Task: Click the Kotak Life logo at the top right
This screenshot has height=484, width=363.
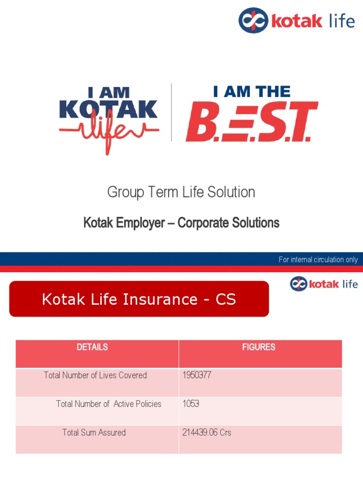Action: (296, 21)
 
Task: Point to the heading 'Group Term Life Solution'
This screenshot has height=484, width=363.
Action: (181, 192)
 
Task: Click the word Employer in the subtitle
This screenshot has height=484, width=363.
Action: (141, 223)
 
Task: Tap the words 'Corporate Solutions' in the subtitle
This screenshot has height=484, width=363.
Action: (228, 223)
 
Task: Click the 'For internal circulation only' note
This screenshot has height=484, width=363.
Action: (318, 259)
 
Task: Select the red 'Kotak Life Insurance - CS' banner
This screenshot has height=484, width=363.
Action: (139, 299)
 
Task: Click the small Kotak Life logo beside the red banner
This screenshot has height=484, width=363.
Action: (324, 284)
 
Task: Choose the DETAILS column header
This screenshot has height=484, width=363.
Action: (92, 347)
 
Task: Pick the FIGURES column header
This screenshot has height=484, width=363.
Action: (259, 347)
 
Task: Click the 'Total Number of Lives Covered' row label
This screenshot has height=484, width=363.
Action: (95, 375)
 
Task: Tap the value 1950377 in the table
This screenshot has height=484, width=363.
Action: (197, 375)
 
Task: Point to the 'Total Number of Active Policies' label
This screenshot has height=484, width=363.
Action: (109, 404)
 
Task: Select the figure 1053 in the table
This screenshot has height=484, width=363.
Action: (191, 404)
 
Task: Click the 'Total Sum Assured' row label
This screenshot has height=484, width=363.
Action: (94, 432)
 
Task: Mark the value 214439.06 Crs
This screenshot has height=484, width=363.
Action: (207, 432)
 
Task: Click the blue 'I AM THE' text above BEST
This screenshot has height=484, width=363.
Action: (251, 91)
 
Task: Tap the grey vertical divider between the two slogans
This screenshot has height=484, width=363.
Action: (171, 112)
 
